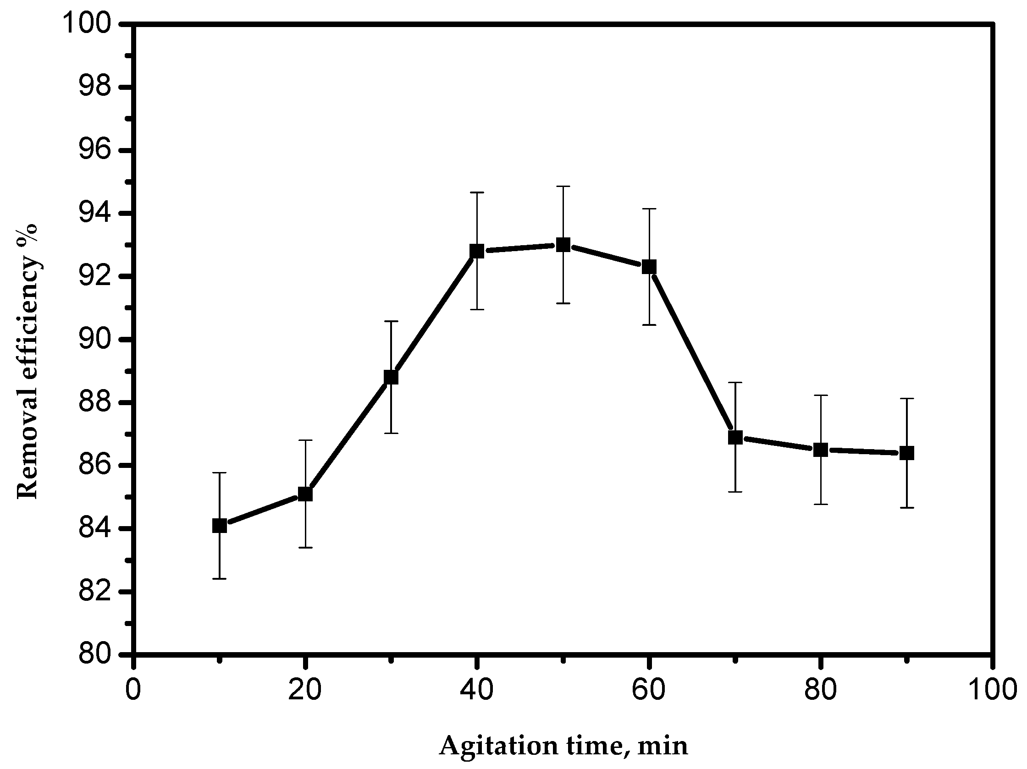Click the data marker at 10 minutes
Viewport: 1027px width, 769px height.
click(219, 526)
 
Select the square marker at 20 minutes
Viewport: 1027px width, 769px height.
click(305, 494)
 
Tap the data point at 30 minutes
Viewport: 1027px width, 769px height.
click(391, 377)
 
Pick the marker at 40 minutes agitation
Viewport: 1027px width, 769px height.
click(477, 251)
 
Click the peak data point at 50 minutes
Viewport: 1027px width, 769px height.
click(563, 245)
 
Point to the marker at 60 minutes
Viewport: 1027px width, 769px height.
click(649, 266)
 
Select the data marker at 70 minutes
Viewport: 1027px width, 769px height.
click(735, 437)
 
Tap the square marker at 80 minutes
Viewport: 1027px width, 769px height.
click(821, 450)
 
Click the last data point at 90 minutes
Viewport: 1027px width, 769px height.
click(907, 453)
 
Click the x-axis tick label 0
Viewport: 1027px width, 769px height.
click(133, 689)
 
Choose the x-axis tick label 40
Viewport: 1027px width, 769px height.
click(477, 689)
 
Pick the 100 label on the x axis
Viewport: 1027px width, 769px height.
click(992, 689)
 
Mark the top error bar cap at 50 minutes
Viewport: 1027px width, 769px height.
click(563, 186)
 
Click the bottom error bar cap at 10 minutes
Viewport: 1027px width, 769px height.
click(219, 579)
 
